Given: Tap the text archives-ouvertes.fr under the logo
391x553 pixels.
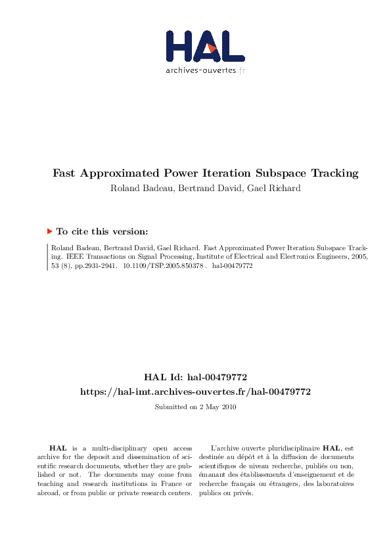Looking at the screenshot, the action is pos(205,70).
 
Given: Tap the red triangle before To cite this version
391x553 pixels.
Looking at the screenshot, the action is pos(50,231).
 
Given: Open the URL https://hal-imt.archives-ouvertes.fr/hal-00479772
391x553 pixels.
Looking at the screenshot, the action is pos(195,391).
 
